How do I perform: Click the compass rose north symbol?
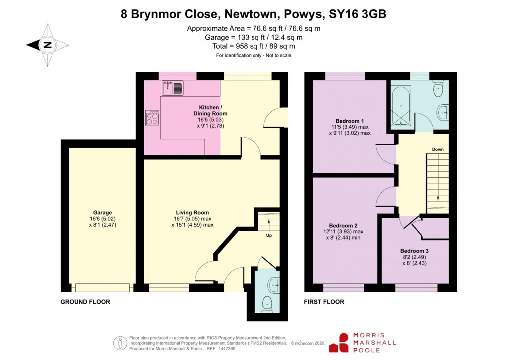(47, 45)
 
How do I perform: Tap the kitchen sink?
(173, 88)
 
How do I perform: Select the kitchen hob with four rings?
(152, 118)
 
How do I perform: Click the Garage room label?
(102, 213)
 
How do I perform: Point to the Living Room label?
(192, 213)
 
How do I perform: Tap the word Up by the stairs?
(268, 235)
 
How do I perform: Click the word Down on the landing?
(438, 149)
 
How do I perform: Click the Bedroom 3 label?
(414, 251)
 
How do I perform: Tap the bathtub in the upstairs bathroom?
(401, 106)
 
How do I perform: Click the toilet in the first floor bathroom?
(438, 89)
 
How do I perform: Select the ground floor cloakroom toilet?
(267, 302)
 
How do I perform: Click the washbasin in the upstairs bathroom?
(442, 112)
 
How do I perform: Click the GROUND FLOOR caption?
(85, 302)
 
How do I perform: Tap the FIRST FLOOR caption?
(324, 302)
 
